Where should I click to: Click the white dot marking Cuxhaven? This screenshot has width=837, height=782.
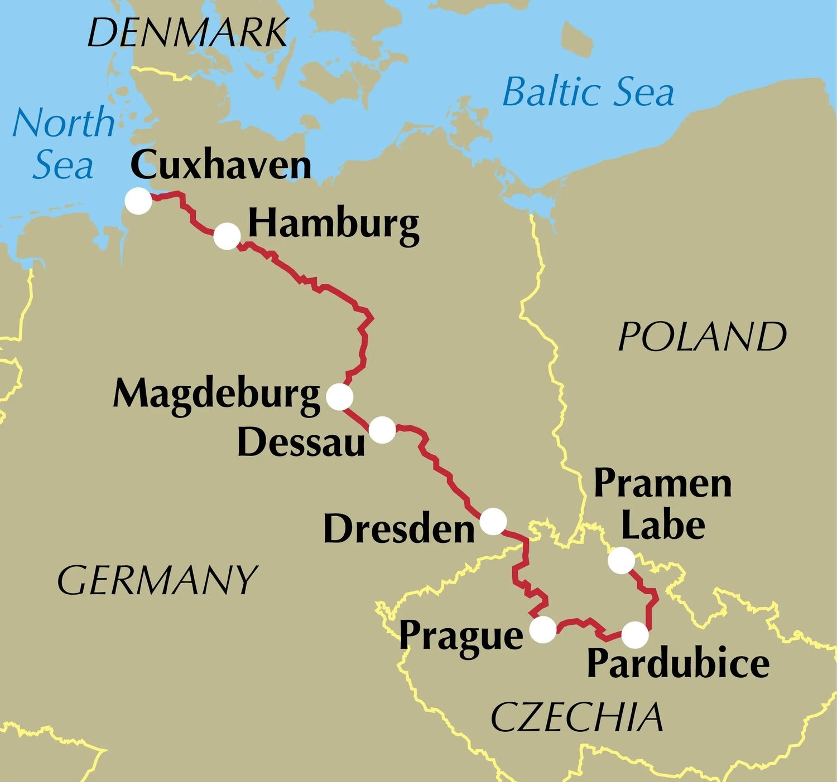click(x=138, y=201)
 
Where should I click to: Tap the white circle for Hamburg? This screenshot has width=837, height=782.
click(x=227, y=236)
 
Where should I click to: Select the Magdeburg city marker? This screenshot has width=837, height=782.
click(x=339, y=397)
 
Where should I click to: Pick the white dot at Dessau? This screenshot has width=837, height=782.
click(x=382, y=430)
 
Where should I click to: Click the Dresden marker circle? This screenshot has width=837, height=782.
click(x=493, y=522)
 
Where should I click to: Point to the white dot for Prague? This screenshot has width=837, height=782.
click(x=543, y=630)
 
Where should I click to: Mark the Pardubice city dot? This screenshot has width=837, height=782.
click(x=635, y=635)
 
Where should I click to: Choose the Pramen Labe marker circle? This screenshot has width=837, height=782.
click(x=621, y=560)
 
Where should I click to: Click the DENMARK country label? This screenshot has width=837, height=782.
click(x=187, y=33)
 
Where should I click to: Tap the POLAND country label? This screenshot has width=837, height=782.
click(x=703, y=337)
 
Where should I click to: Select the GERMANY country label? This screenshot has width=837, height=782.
click(x=157, y=580)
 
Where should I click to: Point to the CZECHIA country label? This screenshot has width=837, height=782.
click(x=578, y=717)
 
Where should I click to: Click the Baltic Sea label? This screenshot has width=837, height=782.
click(x=588, y=92)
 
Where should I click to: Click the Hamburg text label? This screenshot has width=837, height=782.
click(x=334, y=225)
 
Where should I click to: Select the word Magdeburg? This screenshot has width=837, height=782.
click(x=217, y=395)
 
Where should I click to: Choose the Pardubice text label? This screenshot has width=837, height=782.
click(x=678, y=663)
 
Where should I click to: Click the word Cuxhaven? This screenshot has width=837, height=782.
click(x=220, y=166)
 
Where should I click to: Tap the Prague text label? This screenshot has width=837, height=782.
click(x=461, y=637)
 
